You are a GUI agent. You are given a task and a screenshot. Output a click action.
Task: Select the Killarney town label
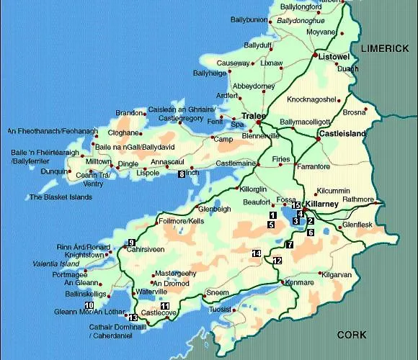(x=321, y=204)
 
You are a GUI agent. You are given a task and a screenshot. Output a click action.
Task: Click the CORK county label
(x=352, y=335)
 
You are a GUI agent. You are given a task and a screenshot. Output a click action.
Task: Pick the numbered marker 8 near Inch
(x=181, y=174)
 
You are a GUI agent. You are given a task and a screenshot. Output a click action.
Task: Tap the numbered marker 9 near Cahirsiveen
(x=131, y=242)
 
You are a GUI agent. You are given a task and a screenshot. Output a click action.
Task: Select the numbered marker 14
(x=256, y=253)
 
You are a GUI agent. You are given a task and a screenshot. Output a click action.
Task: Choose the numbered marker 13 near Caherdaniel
(x=133, y=317)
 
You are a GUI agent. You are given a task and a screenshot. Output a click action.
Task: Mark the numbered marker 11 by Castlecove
(x=165, y=307)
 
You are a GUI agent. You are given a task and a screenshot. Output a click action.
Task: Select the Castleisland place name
(x=342, y=135)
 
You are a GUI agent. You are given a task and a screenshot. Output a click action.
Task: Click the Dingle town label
(x=128, y=164)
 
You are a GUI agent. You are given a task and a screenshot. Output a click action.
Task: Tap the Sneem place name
(x=217, y=293)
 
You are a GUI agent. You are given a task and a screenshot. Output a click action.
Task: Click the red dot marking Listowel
(x=315, y=55)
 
